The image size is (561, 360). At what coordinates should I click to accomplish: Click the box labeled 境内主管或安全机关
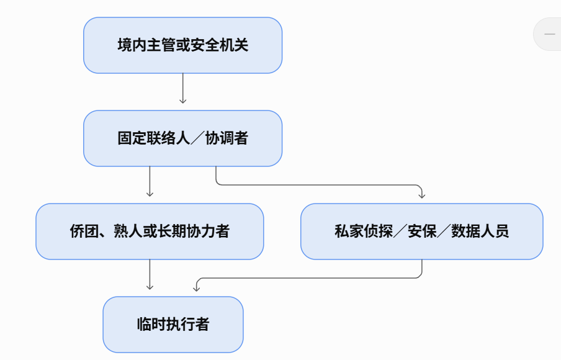click(x=183, y=45)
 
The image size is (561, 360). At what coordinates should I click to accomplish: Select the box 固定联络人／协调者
click(x=183, y=138)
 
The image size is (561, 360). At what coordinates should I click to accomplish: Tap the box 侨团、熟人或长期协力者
click(x=150, y=232)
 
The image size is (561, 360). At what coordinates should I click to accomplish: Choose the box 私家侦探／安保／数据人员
click(x=422, y=232)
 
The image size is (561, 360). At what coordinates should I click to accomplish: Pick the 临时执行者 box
click(x=173, y=325)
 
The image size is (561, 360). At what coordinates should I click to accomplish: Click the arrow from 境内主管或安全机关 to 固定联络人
click(x=183, y=88)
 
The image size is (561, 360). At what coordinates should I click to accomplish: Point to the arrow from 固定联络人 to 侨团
click(x=150, y=181)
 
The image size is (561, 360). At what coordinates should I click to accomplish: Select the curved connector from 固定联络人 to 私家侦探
click(x=318, y=185)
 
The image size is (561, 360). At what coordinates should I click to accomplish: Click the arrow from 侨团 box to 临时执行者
click(x=150, y=274)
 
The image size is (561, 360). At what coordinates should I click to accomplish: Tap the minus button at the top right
click(x=549, y=34)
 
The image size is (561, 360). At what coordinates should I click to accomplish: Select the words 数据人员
click(x=480, y=232)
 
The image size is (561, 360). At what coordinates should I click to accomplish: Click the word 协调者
click(x=227, y=138)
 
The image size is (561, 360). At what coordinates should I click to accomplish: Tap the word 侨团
click(x=84, y=232)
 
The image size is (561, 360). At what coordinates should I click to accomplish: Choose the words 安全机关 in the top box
click(x=219, y=45)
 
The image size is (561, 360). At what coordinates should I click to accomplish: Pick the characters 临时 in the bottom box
click(x=151, y=325)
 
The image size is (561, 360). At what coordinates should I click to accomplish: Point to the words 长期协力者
click(x=194, y=232)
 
